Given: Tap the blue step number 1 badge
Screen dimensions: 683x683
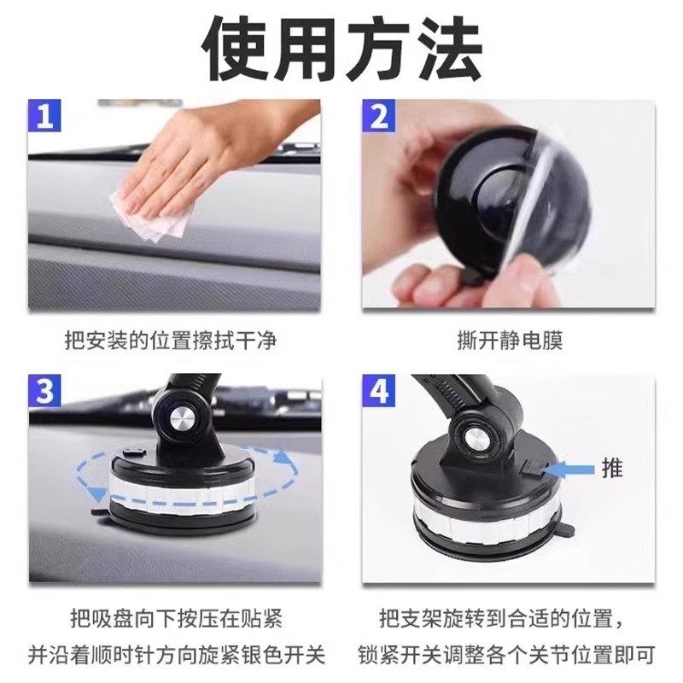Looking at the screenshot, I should (45, 116).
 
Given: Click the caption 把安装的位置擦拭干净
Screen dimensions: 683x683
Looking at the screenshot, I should (171, 341).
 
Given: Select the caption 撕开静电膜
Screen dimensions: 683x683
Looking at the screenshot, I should (510, 341).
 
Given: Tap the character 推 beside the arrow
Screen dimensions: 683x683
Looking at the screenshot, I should (611, 468).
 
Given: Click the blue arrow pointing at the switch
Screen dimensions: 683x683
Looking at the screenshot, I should (569, 468).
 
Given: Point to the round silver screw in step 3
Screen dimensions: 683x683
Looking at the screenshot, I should (184, 421).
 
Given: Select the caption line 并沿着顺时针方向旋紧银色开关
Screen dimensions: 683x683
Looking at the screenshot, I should (176, 656).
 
